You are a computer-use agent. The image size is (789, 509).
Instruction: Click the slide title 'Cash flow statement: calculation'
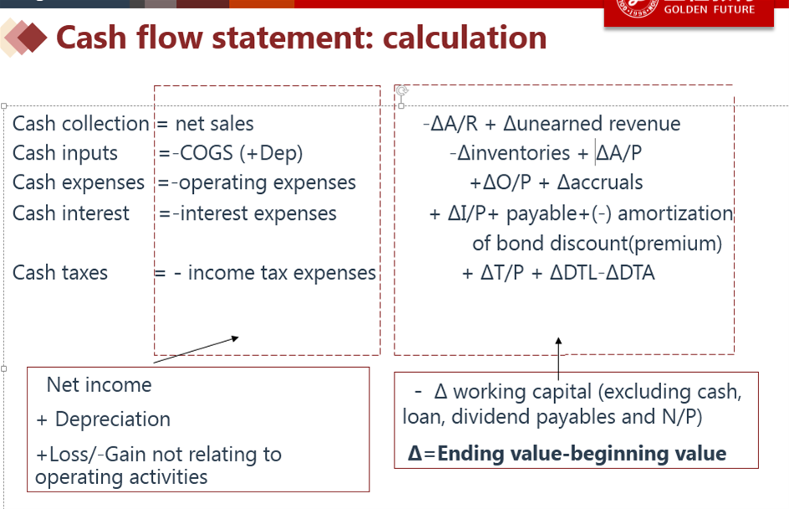pos(301,38)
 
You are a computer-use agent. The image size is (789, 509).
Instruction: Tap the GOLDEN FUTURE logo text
pos(709,9)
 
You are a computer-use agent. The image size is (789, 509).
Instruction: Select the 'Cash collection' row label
pos(80,124)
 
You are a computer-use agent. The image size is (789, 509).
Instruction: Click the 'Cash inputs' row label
pos(65,153)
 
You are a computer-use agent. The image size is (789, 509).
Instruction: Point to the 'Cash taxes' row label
pos(60,272)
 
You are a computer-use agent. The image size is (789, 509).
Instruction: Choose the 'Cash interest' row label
pos(70,213)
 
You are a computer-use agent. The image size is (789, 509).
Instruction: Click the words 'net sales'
pos(214,124)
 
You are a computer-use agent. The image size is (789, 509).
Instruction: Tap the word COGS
pos(206,153)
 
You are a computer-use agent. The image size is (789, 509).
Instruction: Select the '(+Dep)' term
pos(271,154)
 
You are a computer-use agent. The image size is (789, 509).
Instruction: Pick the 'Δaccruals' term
pos(600,182)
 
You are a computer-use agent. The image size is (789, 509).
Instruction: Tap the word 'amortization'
pos(675,214)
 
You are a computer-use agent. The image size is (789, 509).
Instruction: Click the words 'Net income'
pos(99,385)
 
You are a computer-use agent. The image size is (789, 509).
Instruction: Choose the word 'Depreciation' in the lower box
pos(113,420)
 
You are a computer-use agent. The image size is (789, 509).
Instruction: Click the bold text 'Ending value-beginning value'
pos(582,454)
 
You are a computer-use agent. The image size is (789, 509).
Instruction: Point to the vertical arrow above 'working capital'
pos(558,359)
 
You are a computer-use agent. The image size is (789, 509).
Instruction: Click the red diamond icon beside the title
pos(32,38)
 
